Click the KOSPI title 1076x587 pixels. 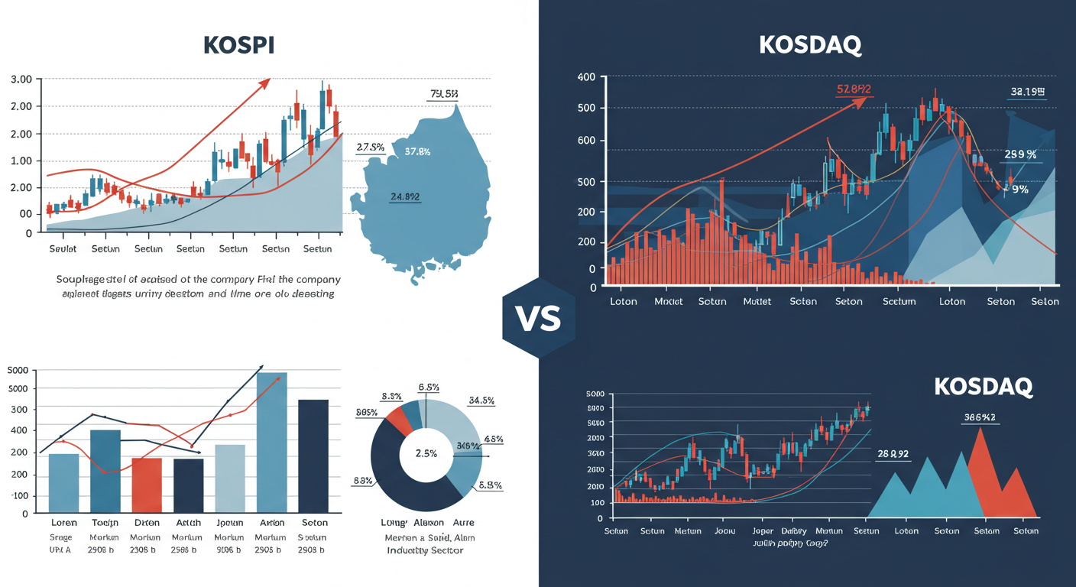(x=239, y=44)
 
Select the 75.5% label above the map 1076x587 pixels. (x=444, y=94)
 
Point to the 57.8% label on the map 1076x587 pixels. (x=417, y=151)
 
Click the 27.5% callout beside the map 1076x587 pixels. (x=370, y=147)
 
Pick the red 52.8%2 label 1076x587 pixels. (x=854, y=89)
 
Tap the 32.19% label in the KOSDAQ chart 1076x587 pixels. (x=1027, y=91)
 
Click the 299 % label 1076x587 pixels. (x=1020, y=154)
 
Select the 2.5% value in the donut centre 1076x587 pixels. (x=426, y=453)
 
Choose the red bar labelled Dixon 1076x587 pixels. (x=147, y=485)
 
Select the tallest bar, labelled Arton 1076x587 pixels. (x=272, y=442)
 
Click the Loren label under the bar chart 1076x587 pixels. (x=64, y=523)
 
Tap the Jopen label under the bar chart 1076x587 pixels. (x=229, y=523)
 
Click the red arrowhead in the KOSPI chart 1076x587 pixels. (x=264, y=83)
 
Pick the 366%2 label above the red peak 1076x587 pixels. (x=981, y=417)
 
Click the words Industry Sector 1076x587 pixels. (x=425, y=550)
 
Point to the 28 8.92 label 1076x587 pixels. (x=893, y=453)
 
